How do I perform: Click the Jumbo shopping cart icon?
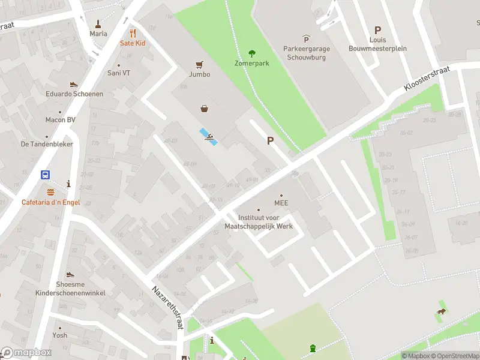[199, 64]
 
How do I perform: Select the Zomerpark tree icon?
[251, 53]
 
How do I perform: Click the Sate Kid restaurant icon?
[133, 34]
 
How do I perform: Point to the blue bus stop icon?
[46, 175]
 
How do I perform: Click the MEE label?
[281, 203]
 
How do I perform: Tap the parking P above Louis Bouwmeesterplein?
[377, 30]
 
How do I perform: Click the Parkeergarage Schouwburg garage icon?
[307, 38]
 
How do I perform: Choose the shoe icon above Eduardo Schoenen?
[74, 84]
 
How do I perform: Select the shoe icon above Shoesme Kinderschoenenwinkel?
[70, 274]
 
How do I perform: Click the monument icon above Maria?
[98, 24]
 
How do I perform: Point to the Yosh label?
[59, 335]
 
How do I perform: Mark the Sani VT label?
[118, 73]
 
